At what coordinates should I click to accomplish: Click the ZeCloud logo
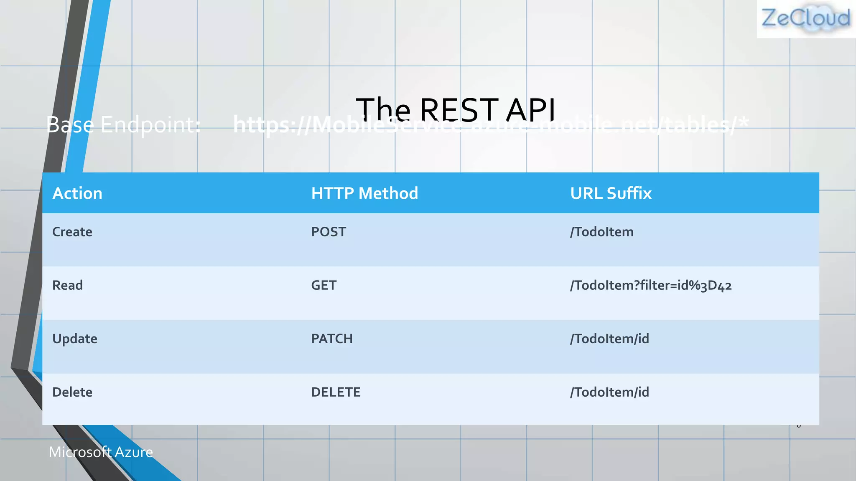pyautogui.click(x=806, y=18)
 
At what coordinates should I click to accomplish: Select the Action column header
pyautogui.click(x=77, y=193)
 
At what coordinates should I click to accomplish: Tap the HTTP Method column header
pyautogui.click(x=364, y=193)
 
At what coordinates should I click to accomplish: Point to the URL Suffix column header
pyautogui.click(x=611, y=193)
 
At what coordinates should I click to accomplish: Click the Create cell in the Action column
pyautogui.click(x=72, y=232)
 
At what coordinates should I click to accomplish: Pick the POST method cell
pyautogui.click(x=329, y=232)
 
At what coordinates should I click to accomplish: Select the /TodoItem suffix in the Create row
pyautogui.click(x=601, y=232)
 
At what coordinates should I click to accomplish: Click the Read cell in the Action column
pyautogui.click(x=68, y=285)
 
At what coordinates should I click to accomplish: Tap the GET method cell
pyautogui.click(x=324, y=285)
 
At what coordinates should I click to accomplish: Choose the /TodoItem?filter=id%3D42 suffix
pyautogui.click(x=650, y=286)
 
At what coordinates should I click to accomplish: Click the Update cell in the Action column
pyautogui.click(x=75, y=339)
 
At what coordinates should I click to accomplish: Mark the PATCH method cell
pyautogui.click(x=332, y=339)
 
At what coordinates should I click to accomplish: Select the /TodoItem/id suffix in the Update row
pyautogui.click(x=609, y=339)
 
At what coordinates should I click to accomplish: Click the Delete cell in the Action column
pyautogui.click(x=72, y=392)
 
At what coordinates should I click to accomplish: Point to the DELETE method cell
pyautogui.click(x=336, y=392)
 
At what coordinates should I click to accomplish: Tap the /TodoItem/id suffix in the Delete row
pyautogui.click(x=609, y=392)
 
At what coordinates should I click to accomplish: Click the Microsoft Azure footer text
pyautogui.click(x=101, y=452)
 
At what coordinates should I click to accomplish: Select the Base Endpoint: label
pyautogui.click(x=124, y=124)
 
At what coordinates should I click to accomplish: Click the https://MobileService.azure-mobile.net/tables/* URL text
pyautogui.click(x=491, y=124)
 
